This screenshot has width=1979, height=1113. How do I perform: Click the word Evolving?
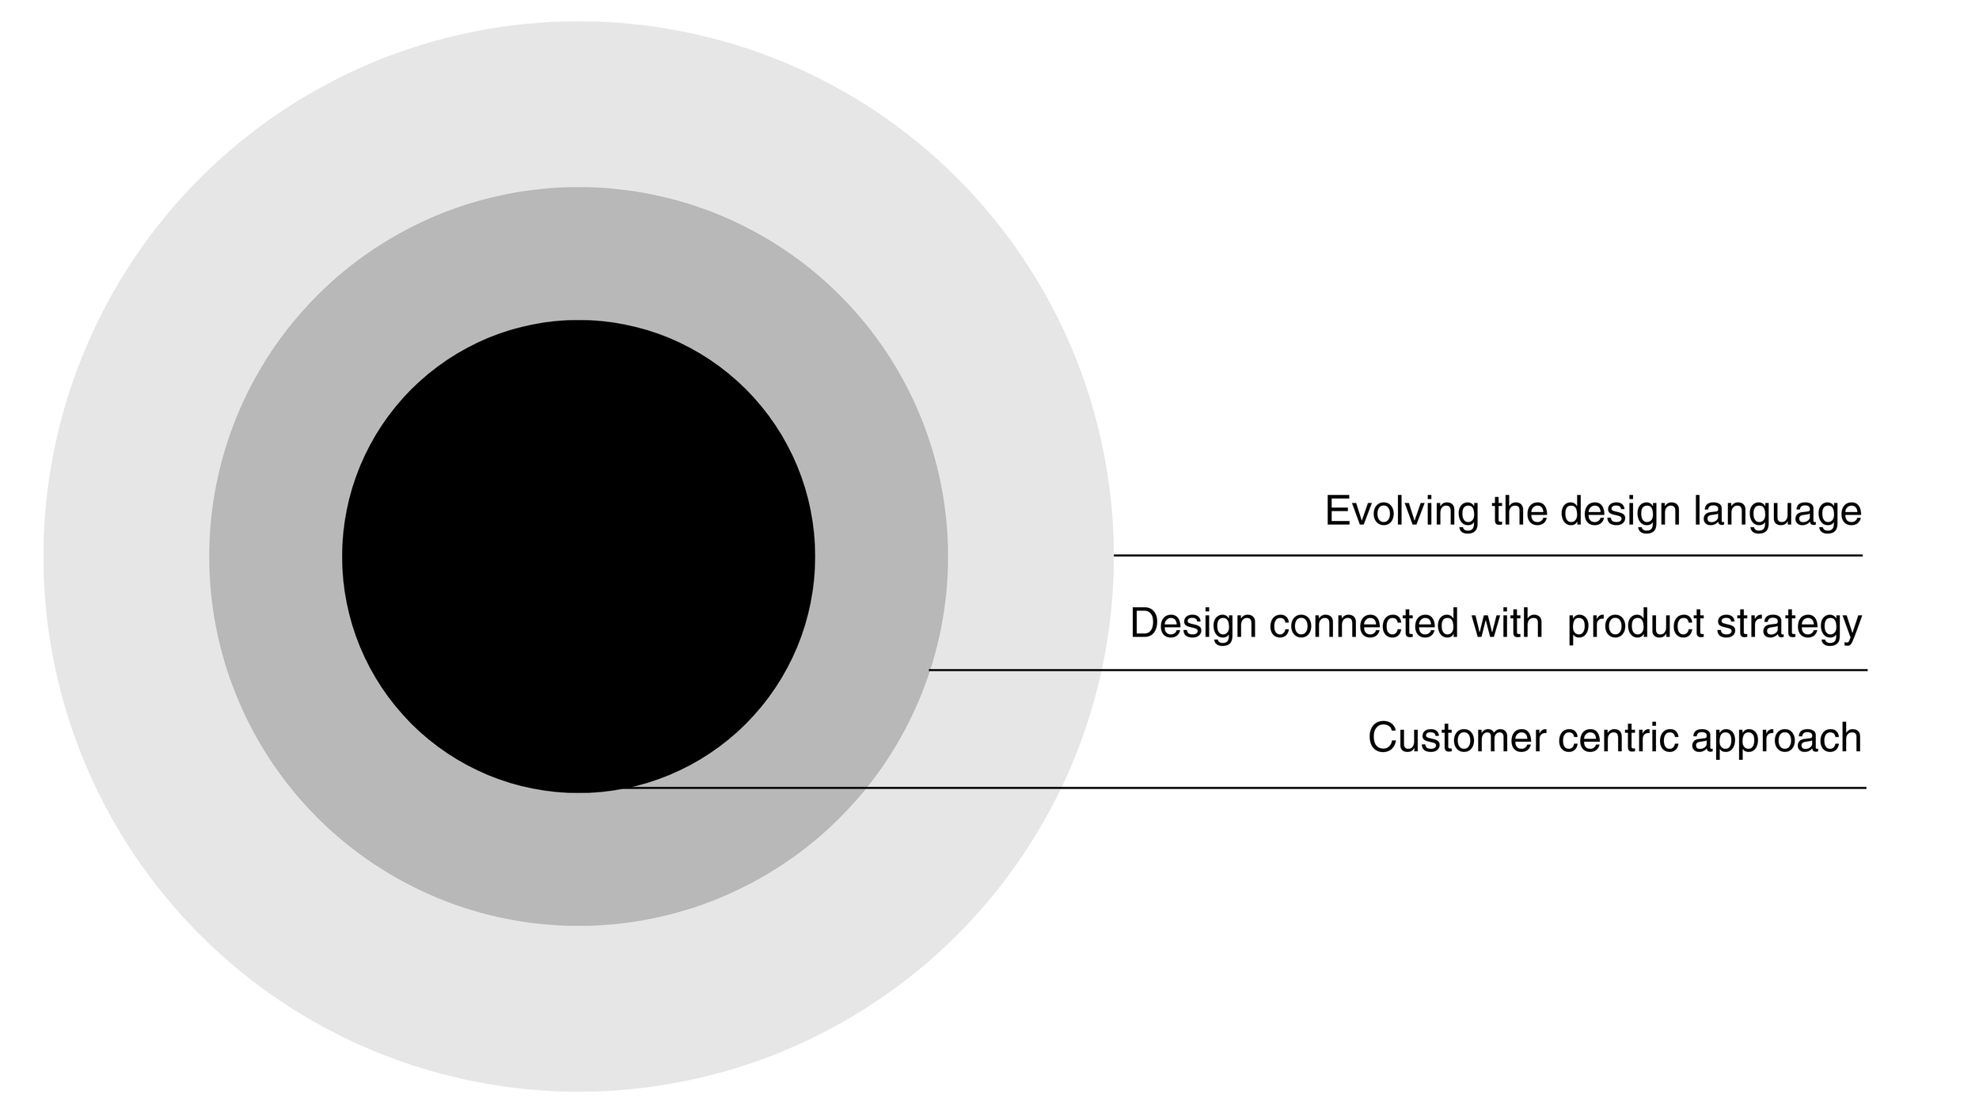1401,511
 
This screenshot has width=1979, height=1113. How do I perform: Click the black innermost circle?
578,556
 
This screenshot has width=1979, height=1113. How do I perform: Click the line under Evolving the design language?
1488,556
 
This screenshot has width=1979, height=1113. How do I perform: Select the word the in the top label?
1520,511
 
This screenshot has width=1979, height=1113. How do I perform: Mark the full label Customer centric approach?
1615,739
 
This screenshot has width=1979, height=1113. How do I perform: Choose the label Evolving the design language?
1593,511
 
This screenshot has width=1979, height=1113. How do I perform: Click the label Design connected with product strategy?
1495,625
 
